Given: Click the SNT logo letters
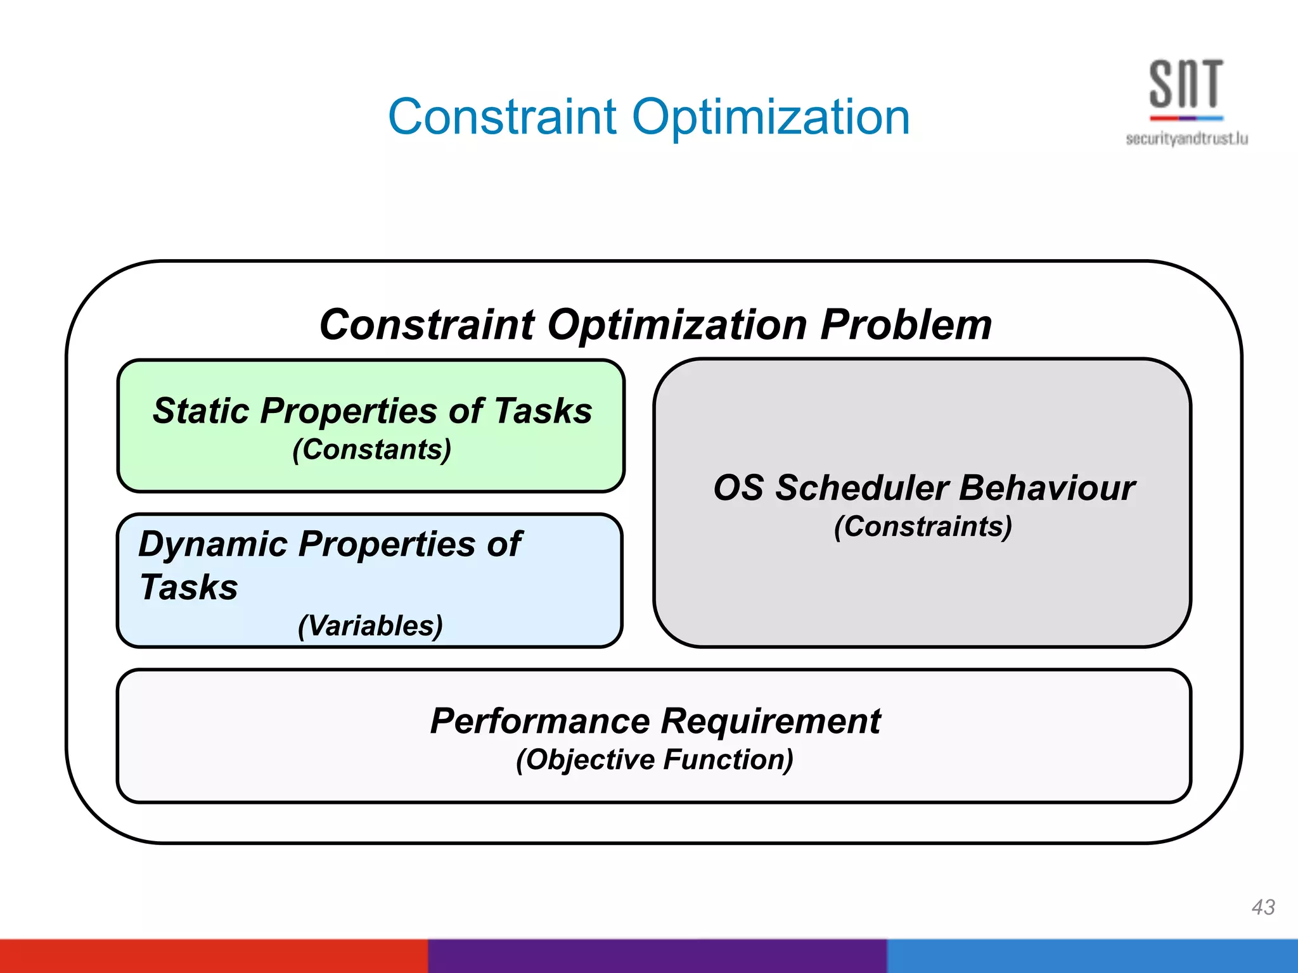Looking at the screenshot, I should click(1186, 84).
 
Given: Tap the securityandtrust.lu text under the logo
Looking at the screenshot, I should click(1186, 139).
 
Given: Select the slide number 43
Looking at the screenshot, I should click(1263, 906).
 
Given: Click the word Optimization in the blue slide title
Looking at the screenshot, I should click(771, 118).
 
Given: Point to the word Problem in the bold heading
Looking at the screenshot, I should click(906, 325).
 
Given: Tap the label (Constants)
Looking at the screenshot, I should click(371, 450).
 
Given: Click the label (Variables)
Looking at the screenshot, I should click(370, 625).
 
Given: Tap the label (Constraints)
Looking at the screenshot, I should click(923, 526).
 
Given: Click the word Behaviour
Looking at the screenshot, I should click(1046, 488).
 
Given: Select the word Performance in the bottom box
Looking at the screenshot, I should click(539, 721).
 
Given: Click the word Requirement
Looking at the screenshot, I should click(771, 721).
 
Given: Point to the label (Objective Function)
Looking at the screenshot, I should click(654, 760).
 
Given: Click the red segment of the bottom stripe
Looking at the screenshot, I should click(214, 956).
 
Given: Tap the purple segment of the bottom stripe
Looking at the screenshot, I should click(657, 956).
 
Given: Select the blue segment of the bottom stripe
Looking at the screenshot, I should click(1091, 956).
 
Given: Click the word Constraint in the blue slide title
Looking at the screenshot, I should click(502, 118).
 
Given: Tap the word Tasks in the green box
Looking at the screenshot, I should click(543, 410).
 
